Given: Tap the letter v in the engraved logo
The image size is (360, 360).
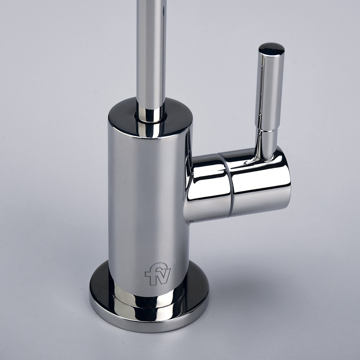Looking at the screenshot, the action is tap(163, 275).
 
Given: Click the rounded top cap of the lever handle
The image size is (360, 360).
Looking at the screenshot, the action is tap(271, 49).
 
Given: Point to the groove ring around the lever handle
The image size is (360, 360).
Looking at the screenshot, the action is tap(267, 131).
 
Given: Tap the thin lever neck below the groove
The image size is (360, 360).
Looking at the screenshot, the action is tap(266, 144).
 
